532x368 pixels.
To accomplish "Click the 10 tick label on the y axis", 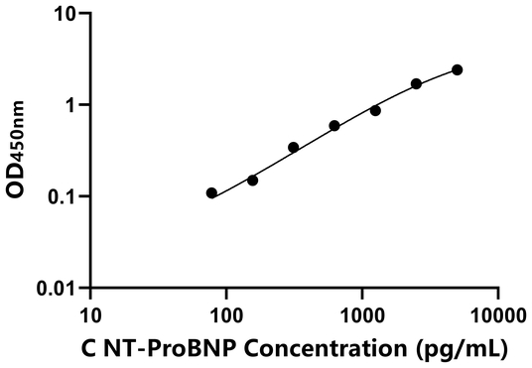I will pos(66,14).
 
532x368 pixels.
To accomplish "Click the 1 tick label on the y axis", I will pos(71,105).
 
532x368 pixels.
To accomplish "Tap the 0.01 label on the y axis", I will pos(59,288).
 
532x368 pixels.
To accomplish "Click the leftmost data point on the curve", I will pos(211,192).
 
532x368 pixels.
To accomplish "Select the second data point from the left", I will pos(252,181).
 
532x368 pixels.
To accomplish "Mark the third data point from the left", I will pos(294,147).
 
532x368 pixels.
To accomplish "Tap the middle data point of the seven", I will pos(334,126).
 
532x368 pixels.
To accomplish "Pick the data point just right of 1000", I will pos(375,110).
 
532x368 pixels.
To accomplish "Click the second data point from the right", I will pos(416,83).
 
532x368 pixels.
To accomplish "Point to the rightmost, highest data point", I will pos(457,69).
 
